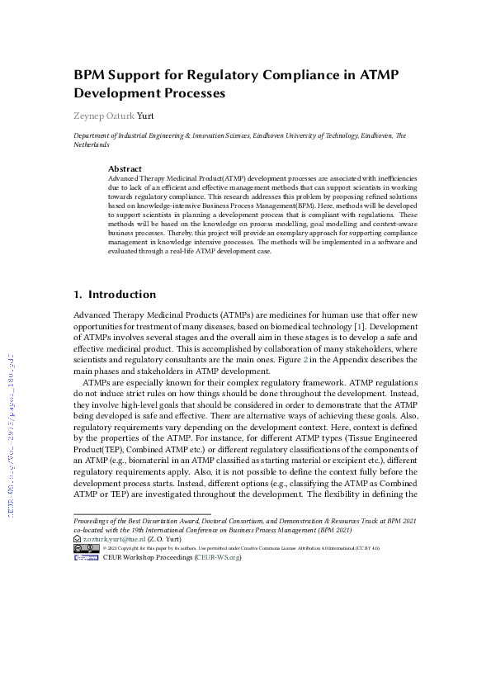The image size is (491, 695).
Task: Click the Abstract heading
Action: tap(125, 168)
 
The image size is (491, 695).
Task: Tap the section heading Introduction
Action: tap(122, 294)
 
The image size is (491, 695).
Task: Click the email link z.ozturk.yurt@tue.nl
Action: tap(116, 537)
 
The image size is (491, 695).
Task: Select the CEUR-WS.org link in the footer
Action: tap(218, 557)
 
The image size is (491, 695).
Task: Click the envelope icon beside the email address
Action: tap(77, 537)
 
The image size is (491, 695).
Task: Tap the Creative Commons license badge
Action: tap(86, 547)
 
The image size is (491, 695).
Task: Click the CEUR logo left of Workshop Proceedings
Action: tap(86, 557)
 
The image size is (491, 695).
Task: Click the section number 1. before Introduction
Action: tap(78, 294)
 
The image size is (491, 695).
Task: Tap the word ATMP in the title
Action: tap(379, 75)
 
